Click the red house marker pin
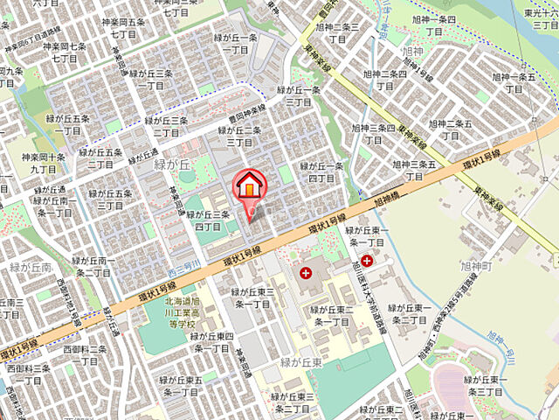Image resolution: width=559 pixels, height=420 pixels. tap(248, 186)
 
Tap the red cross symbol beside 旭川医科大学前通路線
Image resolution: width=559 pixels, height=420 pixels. tap(367, 260)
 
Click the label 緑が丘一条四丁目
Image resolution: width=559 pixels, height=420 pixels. tap(321, 171)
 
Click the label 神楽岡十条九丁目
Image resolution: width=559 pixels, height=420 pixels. tap(43, 164)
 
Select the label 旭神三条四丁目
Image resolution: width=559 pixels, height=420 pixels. tap(374, 134)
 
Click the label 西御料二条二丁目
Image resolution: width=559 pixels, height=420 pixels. tap(84, 355)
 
